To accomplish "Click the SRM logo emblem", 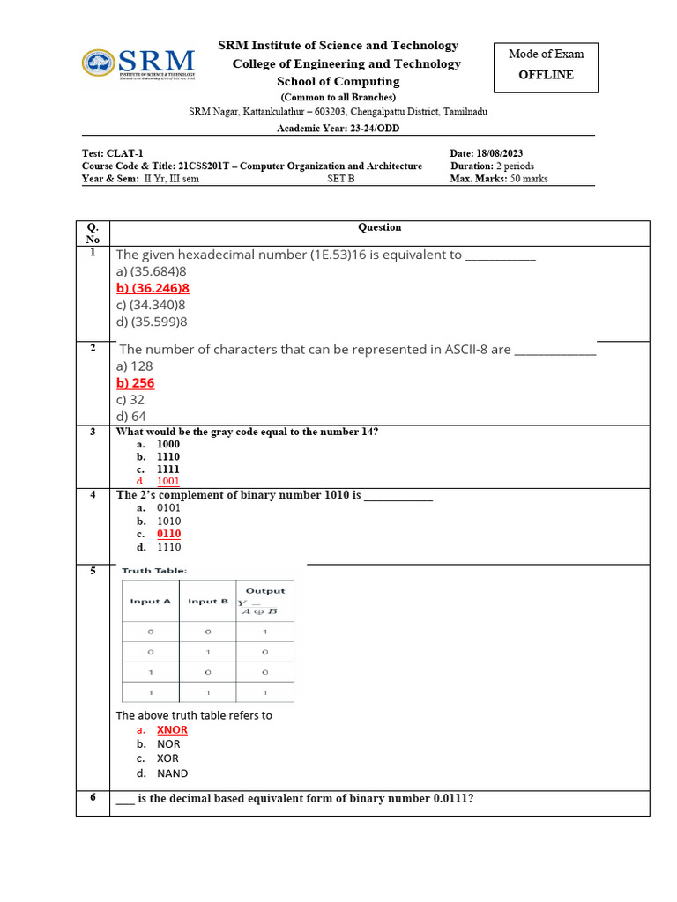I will [98, 63].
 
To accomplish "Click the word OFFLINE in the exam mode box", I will [546, 75].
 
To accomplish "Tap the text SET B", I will [340, 179].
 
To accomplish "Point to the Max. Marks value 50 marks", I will [529, 179].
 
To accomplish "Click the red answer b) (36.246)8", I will [153, 288].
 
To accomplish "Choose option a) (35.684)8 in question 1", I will [151, 271].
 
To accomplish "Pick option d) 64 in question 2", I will [131, 416].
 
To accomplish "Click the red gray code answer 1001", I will [167, 482].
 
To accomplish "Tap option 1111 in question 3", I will [167, 469].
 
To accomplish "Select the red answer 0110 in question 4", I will [168, 534].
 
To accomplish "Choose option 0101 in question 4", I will [168, 508].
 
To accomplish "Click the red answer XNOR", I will [172, 730].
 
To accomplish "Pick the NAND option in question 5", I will [172, 773].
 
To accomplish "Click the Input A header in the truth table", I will [151, 602].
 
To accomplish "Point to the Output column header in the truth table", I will [264, 591].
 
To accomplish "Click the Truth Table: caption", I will [154, 571].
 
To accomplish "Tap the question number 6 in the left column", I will [93, 798].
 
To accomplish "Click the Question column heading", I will [379, 227].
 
